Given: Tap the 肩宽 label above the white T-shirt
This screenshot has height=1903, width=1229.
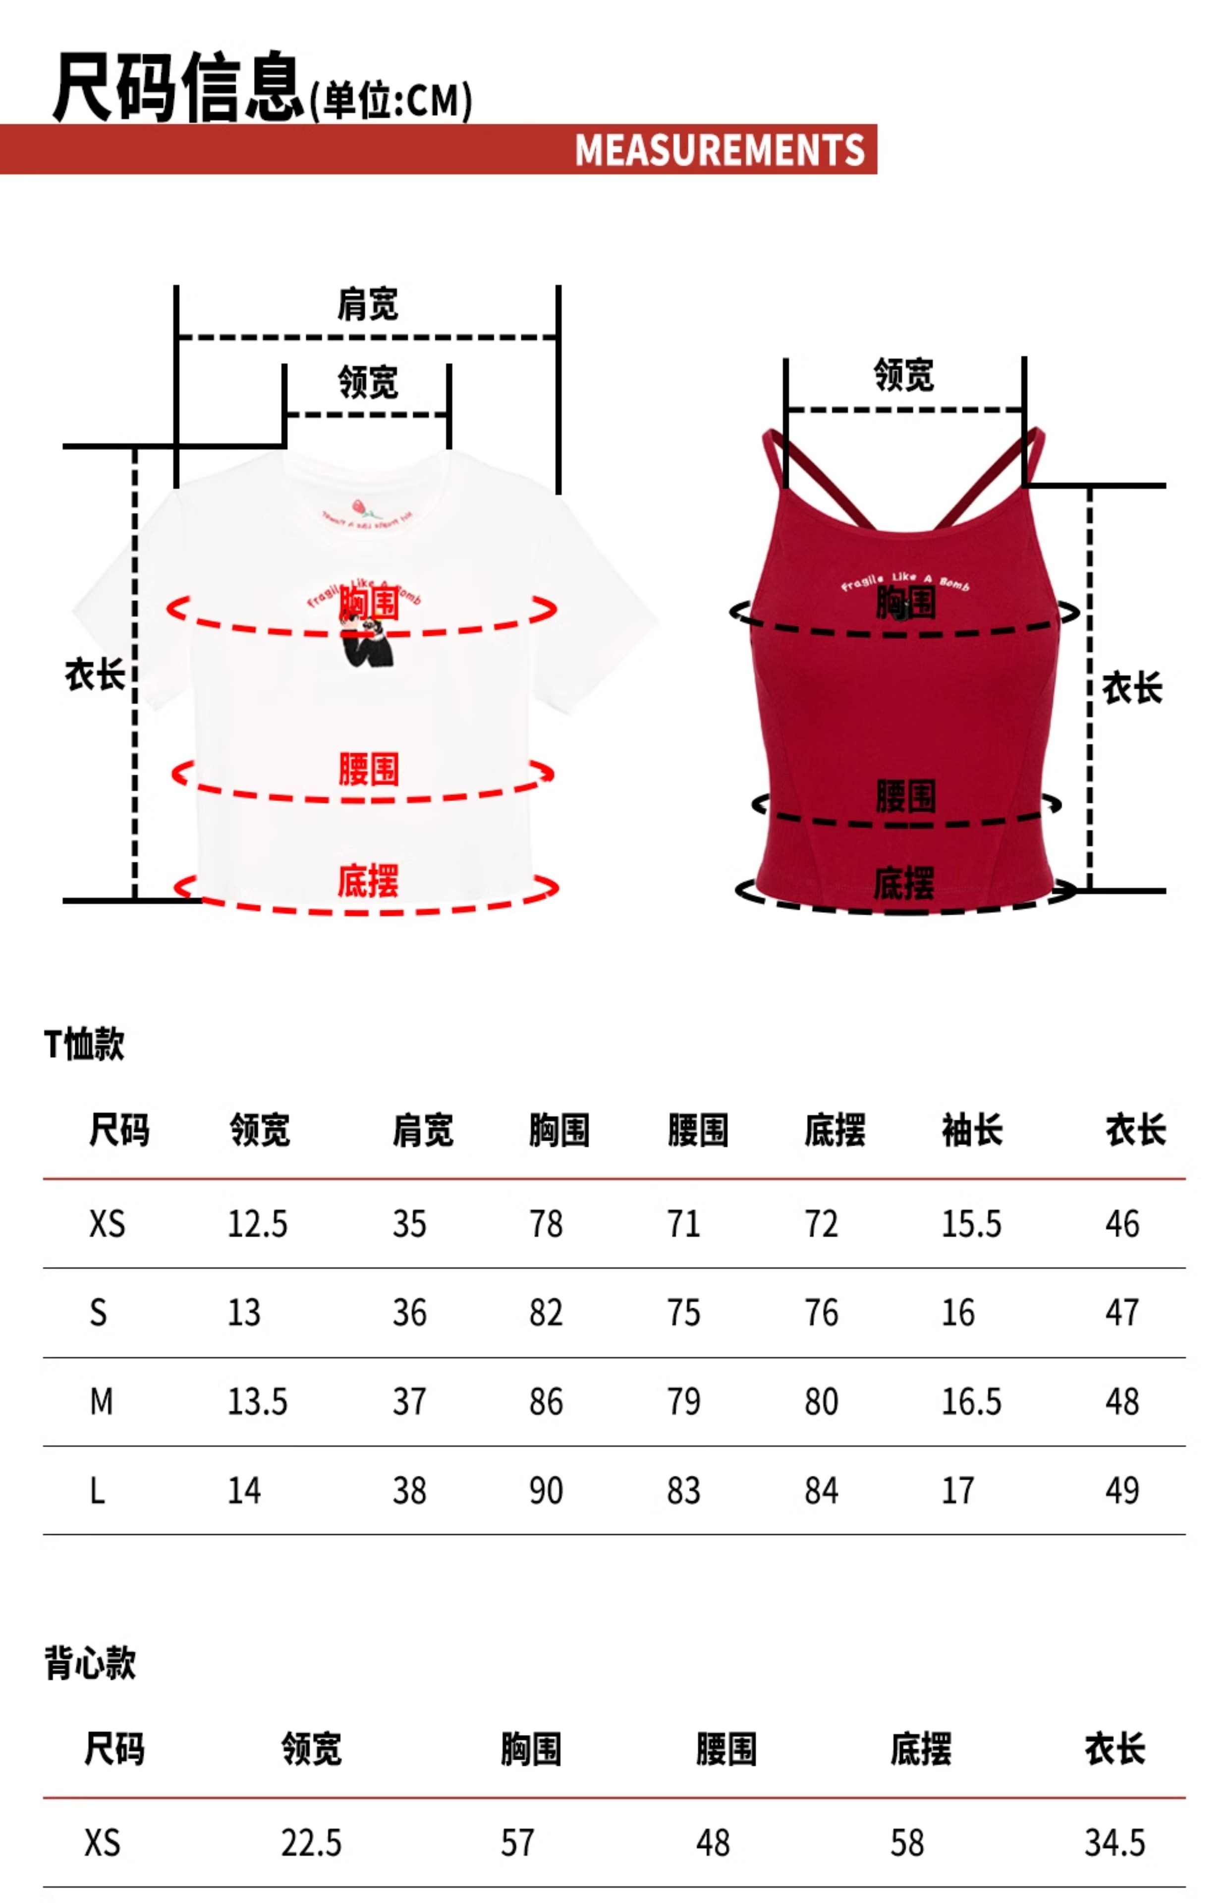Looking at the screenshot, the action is [367, 304].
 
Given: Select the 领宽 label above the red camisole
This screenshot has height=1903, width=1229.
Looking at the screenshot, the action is [903, 374].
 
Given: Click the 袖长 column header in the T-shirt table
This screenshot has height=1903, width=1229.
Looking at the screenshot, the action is [971, 1130].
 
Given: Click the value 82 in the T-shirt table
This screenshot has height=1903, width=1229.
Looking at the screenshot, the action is [546, 1313].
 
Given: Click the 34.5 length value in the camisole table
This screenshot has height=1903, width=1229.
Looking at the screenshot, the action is [1114, 1843].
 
